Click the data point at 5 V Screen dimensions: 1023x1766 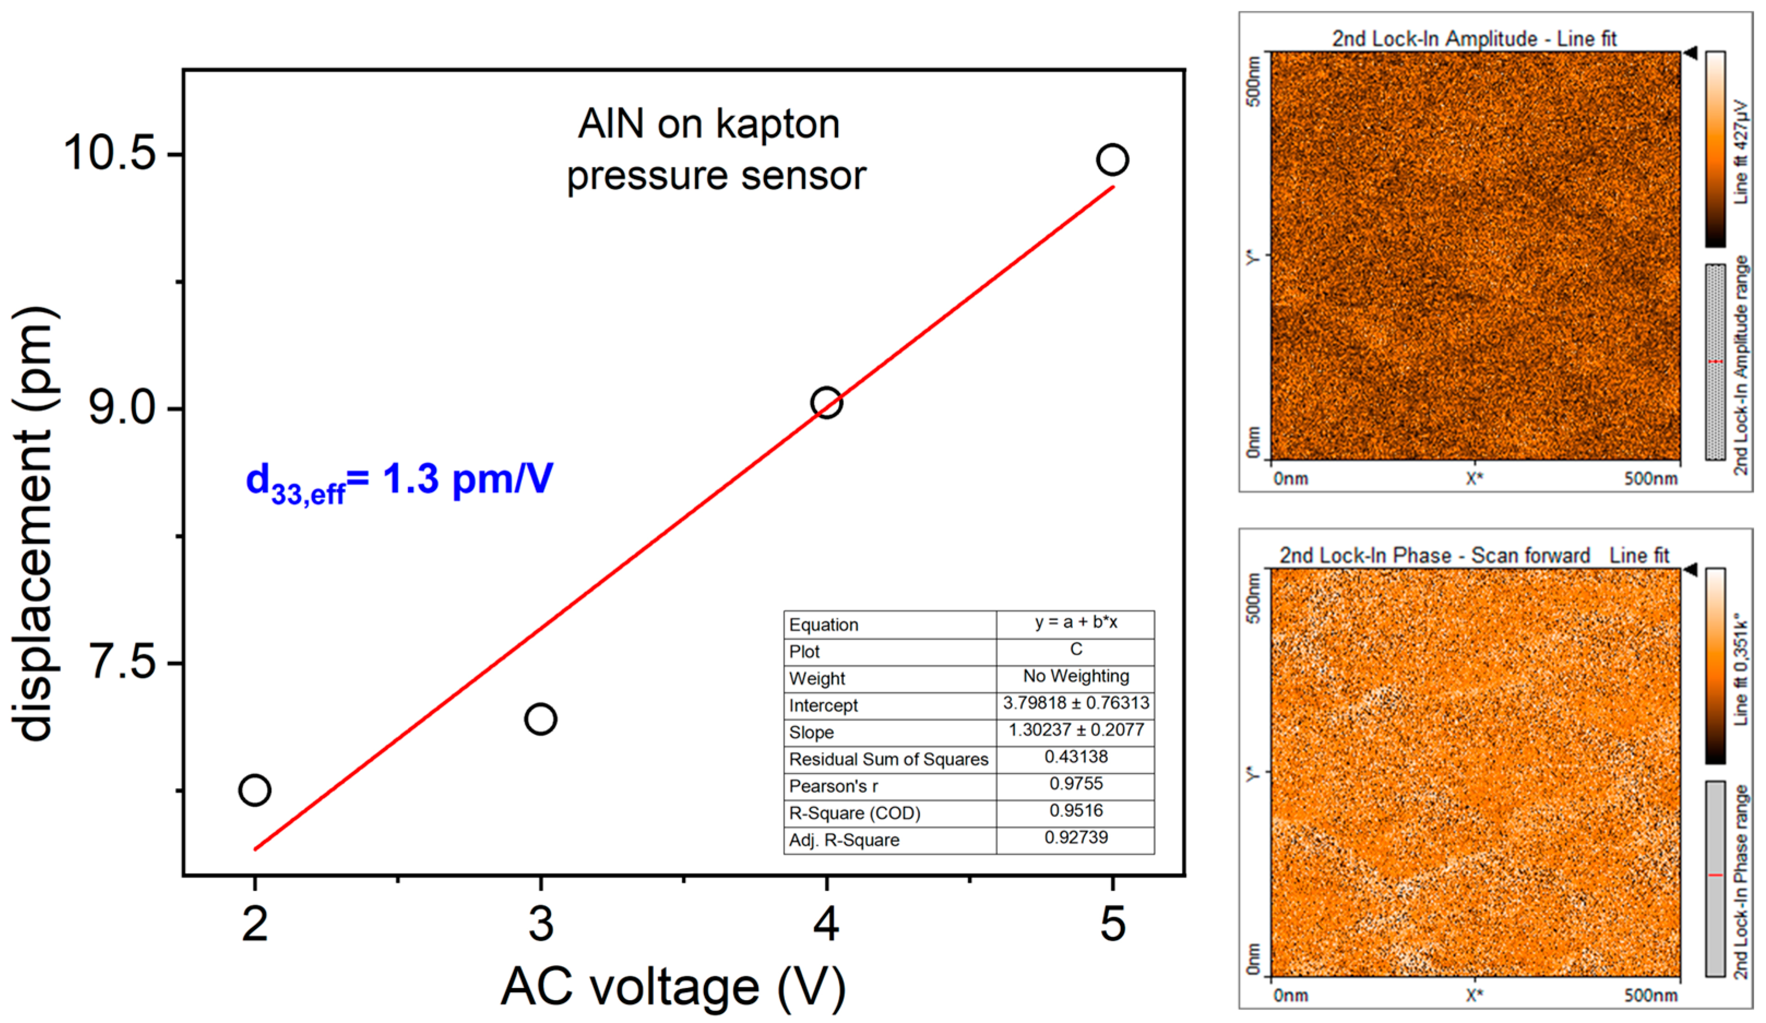[1112, 160]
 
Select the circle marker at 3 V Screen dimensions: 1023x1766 [540, 719]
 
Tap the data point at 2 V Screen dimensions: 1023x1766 [254, 789]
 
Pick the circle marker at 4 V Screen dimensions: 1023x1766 [826, 403]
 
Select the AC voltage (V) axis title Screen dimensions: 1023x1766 [673, 986]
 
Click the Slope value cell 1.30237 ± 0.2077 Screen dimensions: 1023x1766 [1076, 730]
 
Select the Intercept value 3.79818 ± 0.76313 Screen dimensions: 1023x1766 [1076, 703]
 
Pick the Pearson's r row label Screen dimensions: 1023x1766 [833, 786]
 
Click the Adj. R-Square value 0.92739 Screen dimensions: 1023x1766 [1076, 837]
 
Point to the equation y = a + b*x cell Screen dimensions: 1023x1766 [1076, 622]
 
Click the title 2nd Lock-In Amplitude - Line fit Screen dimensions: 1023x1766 [1474, 39]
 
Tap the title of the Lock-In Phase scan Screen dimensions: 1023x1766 [1474, 555]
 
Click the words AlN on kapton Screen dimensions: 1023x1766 [708, 125]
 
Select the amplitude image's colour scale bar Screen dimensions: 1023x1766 [1715, 148]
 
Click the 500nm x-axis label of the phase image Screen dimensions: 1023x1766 [1650, 995]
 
